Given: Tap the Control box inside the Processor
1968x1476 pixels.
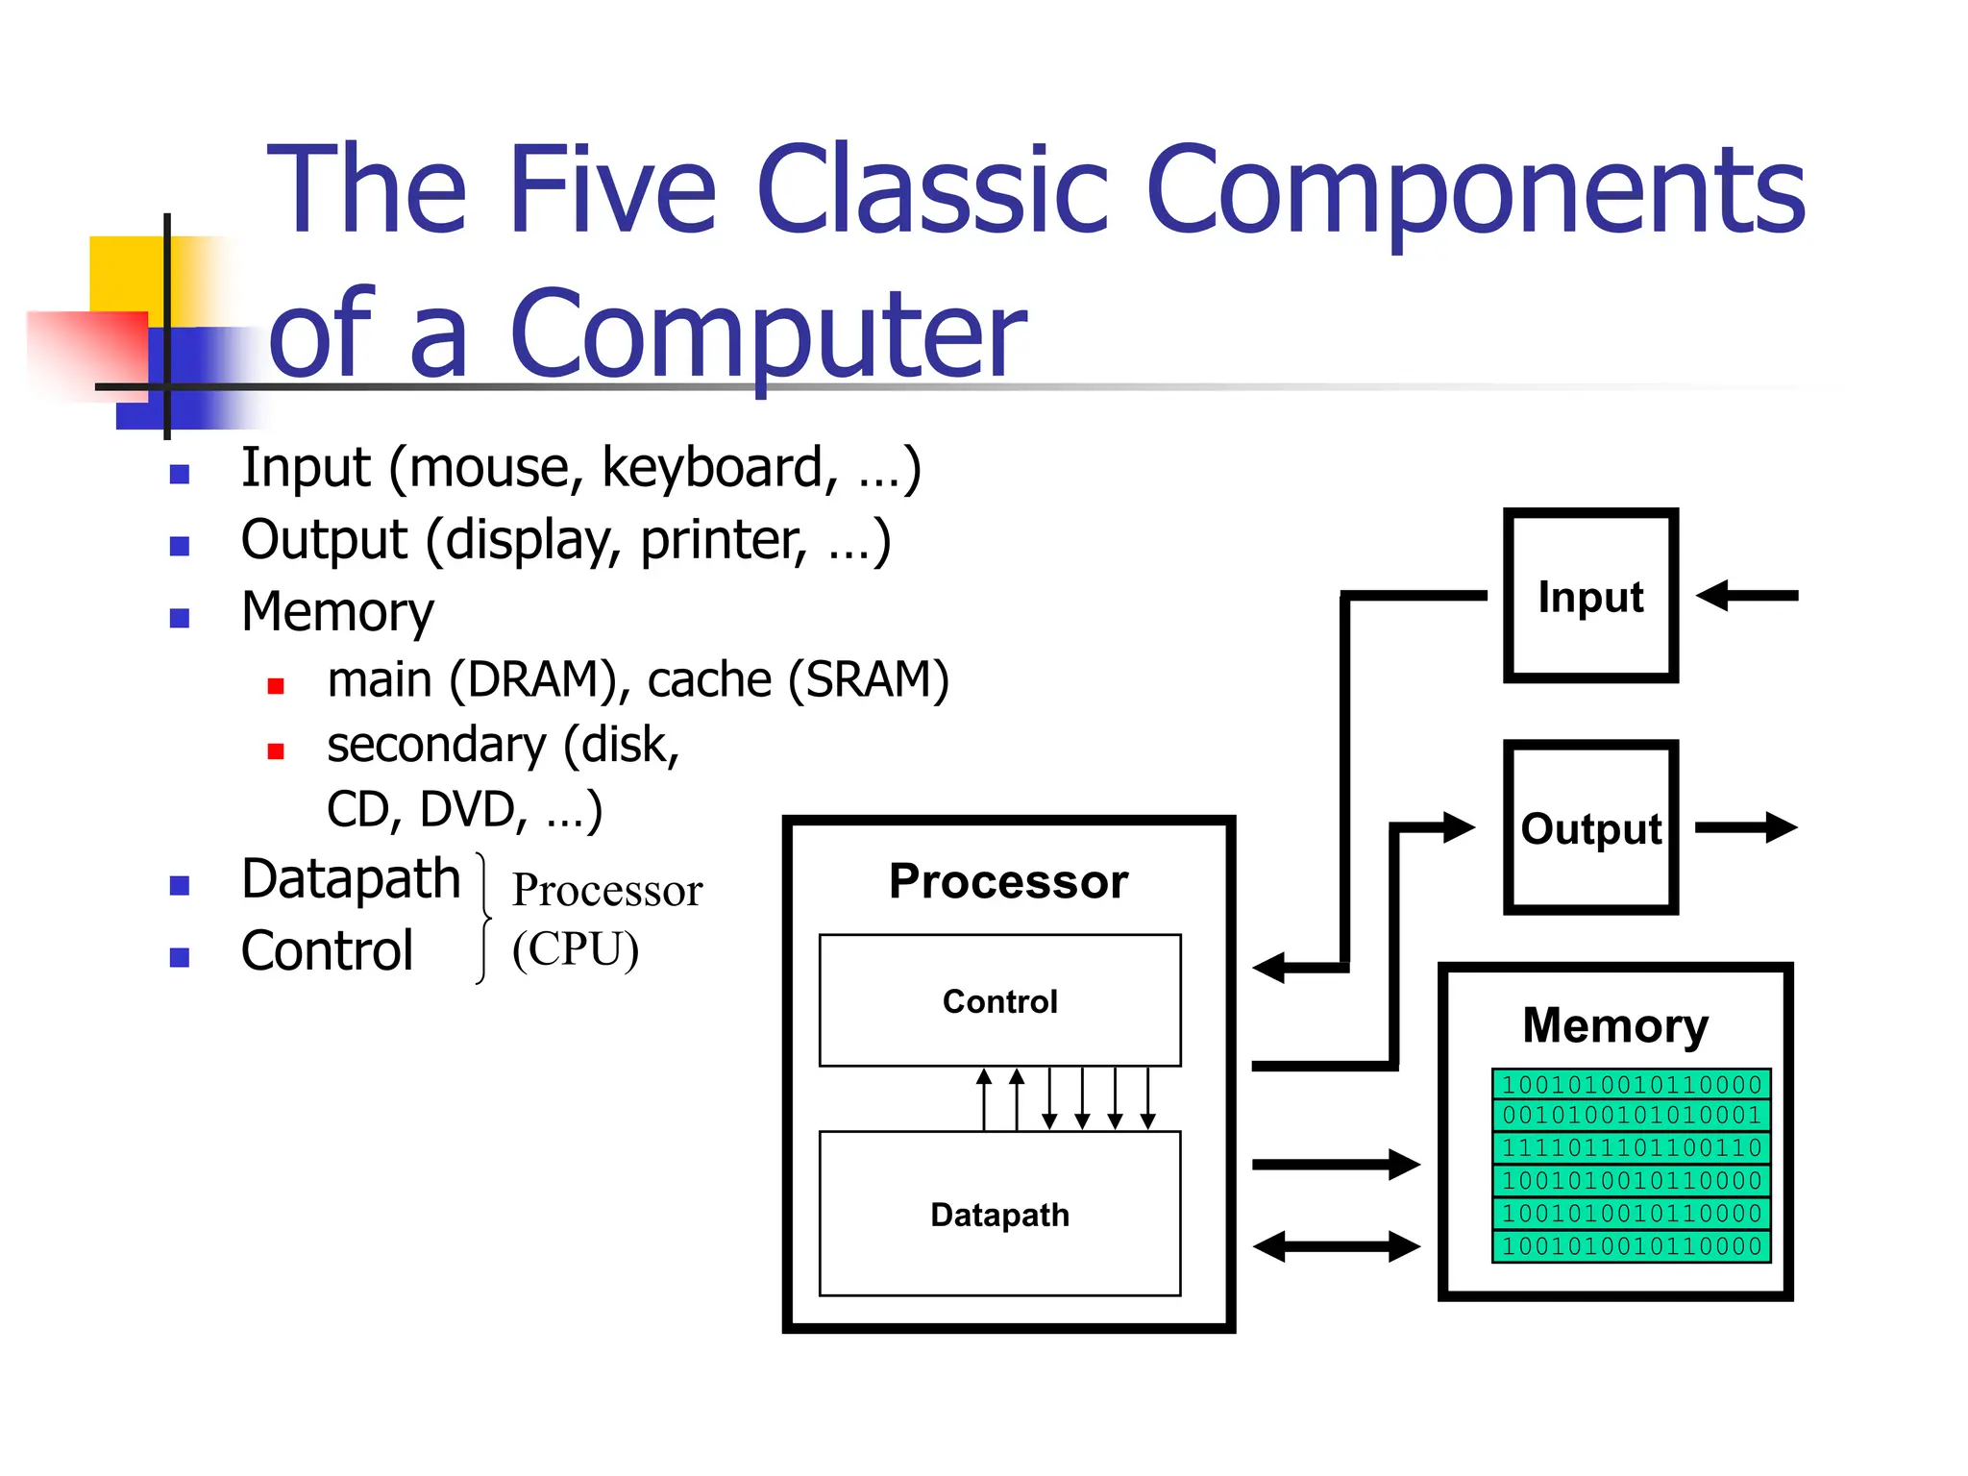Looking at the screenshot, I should pyautogui.click(x=999, y=1000).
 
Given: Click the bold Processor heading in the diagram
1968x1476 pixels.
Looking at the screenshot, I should pyautogui.click(x=1008, y=881).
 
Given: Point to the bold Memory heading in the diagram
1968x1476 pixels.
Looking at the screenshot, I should pyautogui.click(x=1615, y=1025).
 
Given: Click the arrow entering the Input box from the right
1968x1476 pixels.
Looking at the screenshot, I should pyautogui.click(x=1747, y=596).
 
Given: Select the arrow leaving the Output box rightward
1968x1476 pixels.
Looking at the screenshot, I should pyautogui.click(x=1745, y=827).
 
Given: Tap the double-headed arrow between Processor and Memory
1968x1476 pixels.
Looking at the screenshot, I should pyautogui.click(x=1336, y=1247).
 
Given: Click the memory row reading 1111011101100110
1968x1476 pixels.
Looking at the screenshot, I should pyautogui.click(x=1631, y=1148).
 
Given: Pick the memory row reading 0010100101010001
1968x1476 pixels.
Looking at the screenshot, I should pyautogui.click(x=1631, y=1116).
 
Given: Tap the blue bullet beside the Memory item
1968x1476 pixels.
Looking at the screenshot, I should pyautogui.click(x=180, y=618).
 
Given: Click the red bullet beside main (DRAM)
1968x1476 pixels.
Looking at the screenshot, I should pyautogui.click(x=276, y=686).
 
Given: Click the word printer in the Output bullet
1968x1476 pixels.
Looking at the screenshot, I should pyautogui.click(x=723, y=540).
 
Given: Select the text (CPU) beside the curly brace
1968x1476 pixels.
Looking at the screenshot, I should pyautogui.click(x=575, y=949).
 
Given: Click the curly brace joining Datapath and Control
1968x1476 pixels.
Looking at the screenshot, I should pyautogui.click(x=483, y=918).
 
